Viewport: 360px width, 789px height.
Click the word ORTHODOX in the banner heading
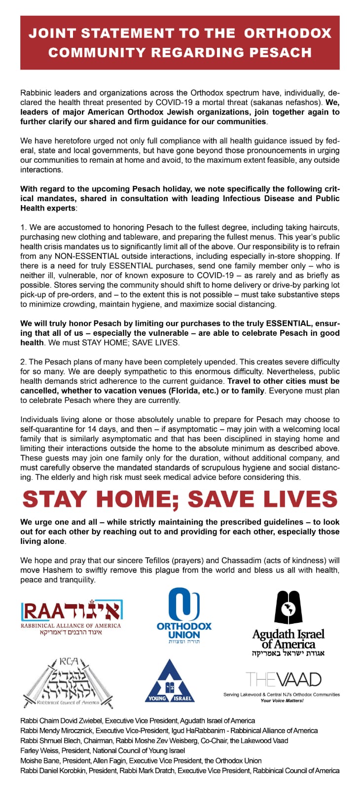tap(288, 33)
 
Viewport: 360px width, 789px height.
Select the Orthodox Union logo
tap(184, 616)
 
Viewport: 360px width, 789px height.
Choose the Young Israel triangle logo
tap(170, 681)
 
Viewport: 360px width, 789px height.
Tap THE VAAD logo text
tap(284, 680)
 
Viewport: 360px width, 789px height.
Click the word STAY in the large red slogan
tap(53, 499)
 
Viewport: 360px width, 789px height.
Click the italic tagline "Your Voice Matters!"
tap(282, 700)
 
